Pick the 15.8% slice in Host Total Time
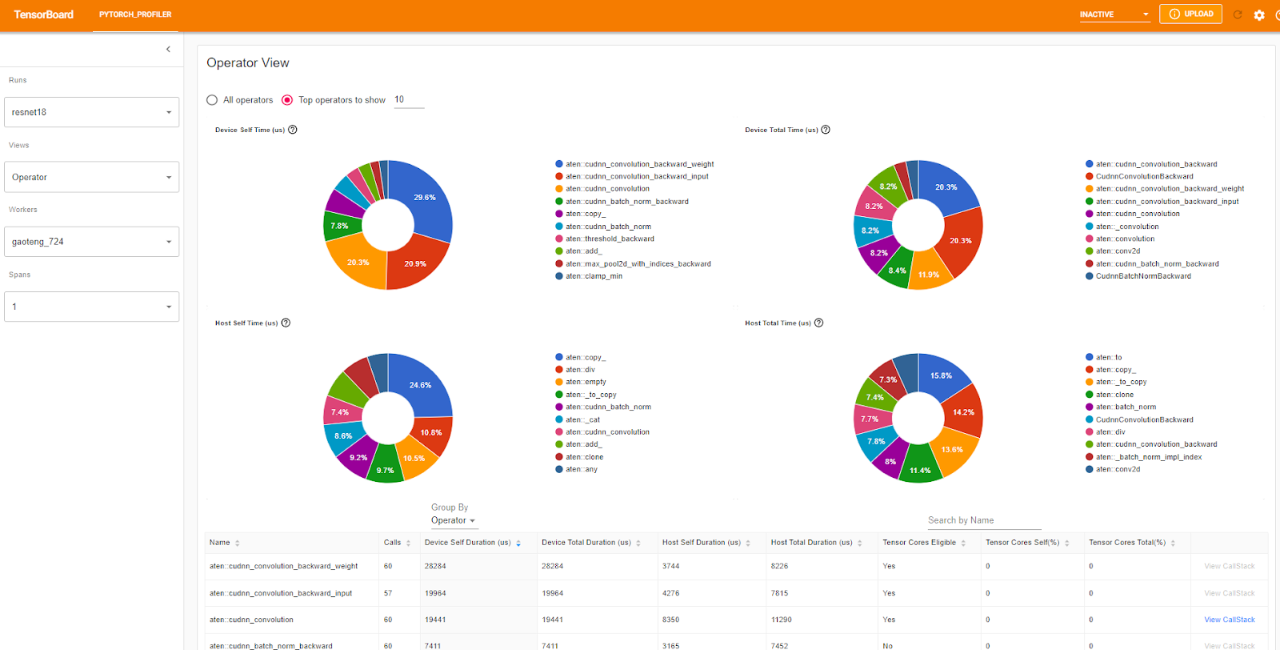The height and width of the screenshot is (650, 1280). click(942, 375)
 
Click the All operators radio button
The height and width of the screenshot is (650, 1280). click(212, 100)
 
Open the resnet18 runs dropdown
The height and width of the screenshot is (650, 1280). click(91, 112)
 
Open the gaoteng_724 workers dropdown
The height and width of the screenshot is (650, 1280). click(91, 242)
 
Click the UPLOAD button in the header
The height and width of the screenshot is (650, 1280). click(1190, 14)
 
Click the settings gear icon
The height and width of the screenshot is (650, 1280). click(1259, 14)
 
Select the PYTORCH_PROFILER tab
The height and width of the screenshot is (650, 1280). click(135, 14)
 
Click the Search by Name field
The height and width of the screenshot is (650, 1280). click(984, 520)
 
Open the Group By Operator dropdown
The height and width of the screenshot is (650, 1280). click(453, 520)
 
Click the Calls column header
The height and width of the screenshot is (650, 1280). click(392, 543)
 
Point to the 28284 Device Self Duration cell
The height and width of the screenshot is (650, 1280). click(435, 566)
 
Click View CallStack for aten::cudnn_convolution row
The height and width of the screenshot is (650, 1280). click(1230, 620)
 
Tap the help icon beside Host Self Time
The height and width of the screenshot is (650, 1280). click(286, 323)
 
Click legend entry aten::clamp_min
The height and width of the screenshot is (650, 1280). click(594, 276)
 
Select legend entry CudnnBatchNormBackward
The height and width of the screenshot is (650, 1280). click(1143, 276)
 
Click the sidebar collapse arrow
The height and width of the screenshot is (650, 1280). click(168, 49)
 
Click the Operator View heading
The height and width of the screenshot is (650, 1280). click(248, 62)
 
